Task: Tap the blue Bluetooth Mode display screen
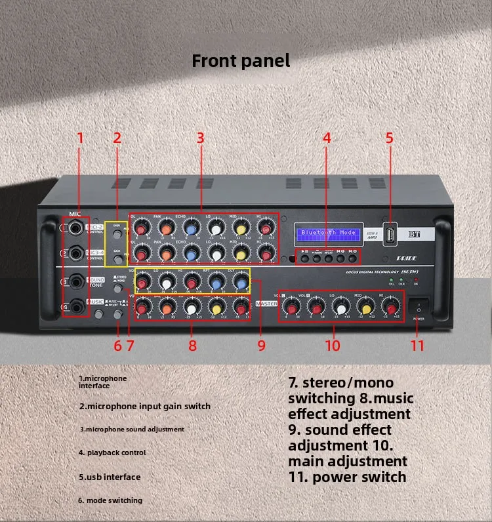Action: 329,233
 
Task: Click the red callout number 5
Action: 389,138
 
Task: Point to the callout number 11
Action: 418,345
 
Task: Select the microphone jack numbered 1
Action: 77,228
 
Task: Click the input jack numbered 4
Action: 77,306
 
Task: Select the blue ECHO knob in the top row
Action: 191,228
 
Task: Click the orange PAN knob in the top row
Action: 166,228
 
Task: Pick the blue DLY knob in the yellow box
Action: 241,283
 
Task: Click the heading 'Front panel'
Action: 240,61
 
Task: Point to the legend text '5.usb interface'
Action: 110,477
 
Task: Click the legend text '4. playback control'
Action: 112,452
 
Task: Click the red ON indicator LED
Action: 416,281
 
